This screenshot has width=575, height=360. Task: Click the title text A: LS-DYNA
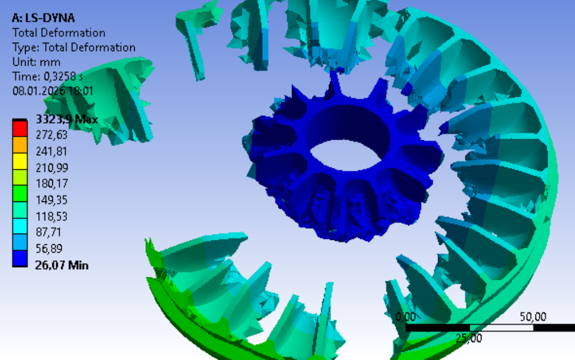click(43, 18)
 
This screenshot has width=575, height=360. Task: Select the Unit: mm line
click(36, 62)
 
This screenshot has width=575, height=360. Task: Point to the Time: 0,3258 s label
click(47, 77)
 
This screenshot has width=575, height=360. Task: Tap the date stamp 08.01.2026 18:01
click(53, 91)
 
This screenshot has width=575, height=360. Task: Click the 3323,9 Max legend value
click(67, 119)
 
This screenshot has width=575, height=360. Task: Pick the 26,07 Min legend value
click(62, 265)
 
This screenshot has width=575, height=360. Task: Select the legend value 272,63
click(51, 135)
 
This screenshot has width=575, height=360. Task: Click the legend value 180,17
click(51, 184)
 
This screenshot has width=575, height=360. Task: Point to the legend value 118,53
click(51, 216)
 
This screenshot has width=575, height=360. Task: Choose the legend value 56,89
click(49, 249)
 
